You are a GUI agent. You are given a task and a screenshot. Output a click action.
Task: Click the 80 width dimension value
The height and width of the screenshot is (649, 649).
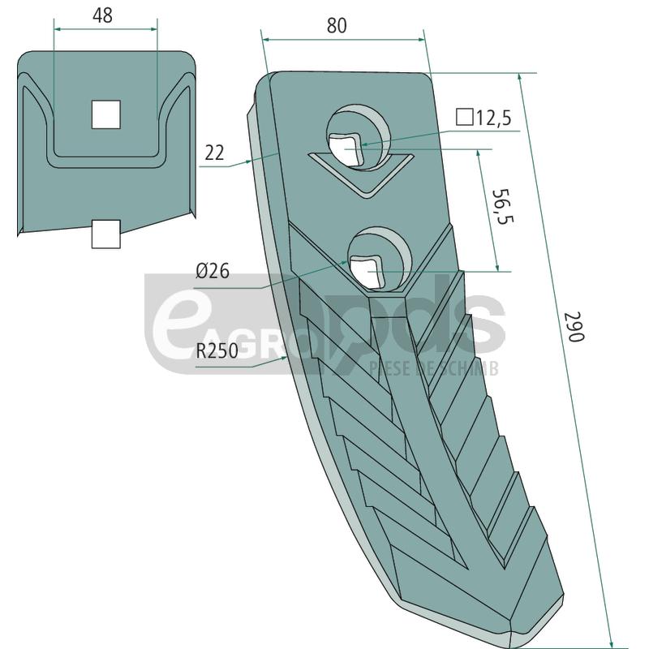point(336,25)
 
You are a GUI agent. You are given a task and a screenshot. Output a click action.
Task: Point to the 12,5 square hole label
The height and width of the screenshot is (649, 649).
point(492,118)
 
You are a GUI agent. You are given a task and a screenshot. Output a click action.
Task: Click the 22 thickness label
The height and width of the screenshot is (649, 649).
point(214,153)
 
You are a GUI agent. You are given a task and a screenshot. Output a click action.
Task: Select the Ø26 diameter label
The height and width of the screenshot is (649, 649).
point(213,271)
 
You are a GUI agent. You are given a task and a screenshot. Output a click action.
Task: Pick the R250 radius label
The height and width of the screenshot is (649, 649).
point(218,352)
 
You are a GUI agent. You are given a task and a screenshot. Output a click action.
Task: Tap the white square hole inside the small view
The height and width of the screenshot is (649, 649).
point(105,114)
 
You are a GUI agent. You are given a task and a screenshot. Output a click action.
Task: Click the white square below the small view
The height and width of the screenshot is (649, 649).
point(105,234)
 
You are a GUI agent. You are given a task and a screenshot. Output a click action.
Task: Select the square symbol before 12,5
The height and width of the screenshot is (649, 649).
point(464,118)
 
